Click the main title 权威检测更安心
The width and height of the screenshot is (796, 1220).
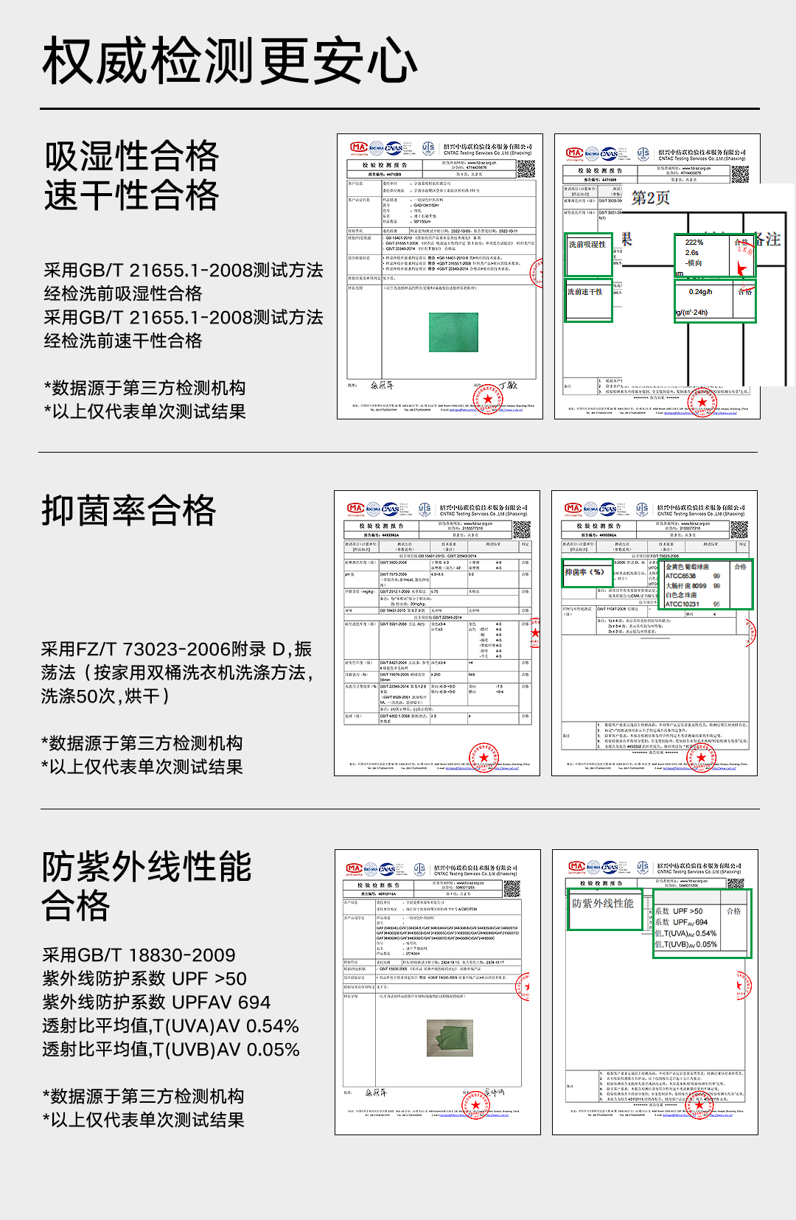[x=229, y=60]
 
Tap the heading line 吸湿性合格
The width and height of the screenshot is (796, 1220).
[x=131, y=156]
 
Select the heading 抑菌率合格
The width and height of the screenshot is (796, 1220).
[x=129, y=510]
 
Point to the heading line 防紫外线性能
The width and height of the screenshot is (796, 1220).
[x=147, y=867]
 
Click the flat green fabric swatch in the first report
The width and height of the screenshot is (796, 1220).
[x=453, y=332]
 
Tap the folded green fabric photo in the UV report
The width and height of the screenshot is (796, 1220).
[x=450, y=1037]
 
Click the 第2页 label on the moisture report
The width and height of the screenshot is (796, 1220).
[x=651, y=198]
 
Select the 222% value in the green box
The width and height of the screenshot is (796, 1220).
[x=694, y=243]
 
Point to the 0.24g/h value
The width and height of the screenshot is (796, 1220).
[x=700, y=292]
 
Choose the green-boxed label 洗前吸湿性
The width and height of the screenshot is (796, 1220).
[x=587, y=244]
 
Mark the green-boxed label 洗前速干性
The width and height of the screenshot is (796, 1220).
[x=585, y=292]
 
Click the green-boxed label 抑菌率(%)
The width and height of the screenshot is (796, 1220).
[x=584, y=572]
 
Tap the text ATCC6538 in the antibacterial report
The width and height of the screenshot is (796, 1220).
[x=680, y=576]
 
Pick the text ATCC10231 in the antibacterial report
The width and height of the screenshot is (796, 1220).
[x=682, y=604]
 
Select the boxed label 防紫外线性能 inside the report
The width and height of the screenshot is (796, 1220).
[x=603, y=903]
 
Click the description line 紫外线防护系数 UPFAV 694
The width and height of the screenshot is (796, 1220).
[x=156, y=1003]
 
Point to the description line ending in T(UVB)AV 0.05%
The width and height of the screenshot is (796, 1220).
[x=170, y=1050]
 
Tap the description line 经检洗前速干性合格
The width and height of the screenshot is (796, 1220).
[x=123, y=341]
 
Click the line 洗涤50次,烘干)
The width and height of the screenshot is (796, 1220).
[x=105, y=696]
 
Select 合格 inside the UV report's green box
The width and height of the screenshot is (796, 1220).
[x=734, y=911]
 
